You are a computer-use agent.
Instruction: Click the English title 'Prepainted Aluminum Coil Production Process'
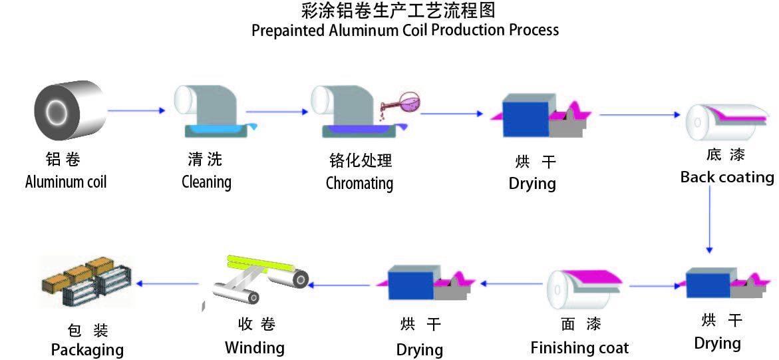point(404,31)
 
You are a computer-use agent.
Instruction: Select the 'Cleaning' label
point(206,182)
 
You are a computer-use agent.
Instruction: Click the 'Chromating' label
point(359,183)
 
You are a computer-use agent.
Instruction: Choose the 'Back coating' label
point(727,178)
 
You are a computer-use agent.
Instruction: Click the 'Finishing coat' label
point(579,348)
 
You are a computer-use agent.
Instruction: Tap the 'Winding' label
point(254,347)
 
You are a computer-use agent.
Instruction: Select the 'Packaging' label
point(87,349)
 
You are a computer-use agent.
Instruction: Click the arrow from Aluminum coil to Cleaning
point(136,110)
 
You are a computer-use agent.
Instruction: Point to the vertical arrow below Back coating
point(710,220)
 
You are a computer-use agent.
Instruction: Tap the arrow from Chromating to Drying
point(452,114)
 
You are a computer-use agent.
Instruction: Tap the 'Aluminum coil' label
point(66,182)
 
